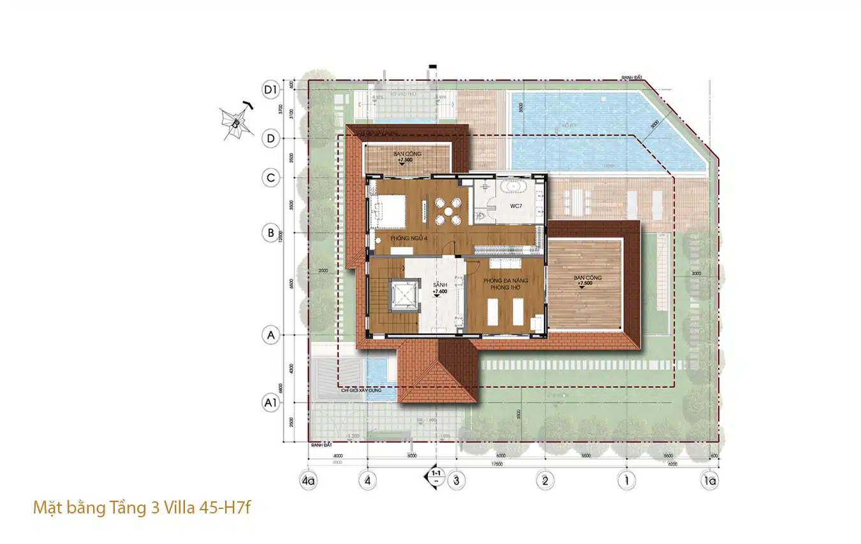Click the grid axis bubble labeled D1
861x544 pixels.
(x=272, y=90)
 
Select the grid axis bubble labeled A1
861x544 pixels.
(x=272, y=402)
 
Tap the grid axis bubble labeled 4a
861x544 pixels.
(x=309, y=480)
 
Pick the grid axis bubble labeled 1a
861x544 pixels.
(x=709, y=480)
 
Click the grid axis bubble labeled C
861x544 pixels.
(x=272, y=178)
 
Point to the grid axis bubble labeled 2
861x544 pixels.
(x=544, y=480)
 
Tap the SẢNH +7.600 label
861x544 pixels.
(x=439, y=288)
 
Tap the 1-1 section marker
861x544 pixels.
(x=436, y=476)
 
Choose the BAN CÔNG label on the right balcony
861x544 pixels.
(x=587, y=278)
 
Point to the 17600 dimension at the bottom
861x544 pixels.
(x=497, y=464)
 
